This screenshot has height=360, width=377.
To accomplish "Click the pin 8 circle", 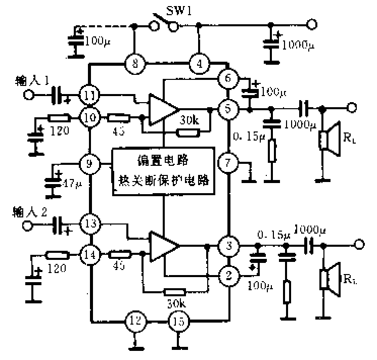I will [135, 64].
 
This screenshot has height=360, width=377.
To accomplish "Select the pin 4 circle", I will [200, 64].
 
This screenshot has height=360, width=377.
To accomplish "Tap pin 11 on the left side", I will [89, 94].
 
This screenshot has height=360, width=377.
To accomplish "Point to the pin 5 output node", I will [228, 108].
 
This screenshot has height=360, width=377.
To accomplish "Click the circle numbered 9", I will [89, 163].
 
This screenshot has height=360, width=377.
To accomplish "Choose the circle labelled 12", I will [135, 320].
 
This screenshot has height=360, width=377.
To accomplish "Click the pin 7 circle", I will [228, 163].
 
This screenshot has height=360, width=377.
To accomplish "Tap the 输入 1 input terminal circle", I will [30, 95].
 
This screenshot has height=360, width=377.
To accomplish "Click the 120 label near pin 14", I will [57, 269].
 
